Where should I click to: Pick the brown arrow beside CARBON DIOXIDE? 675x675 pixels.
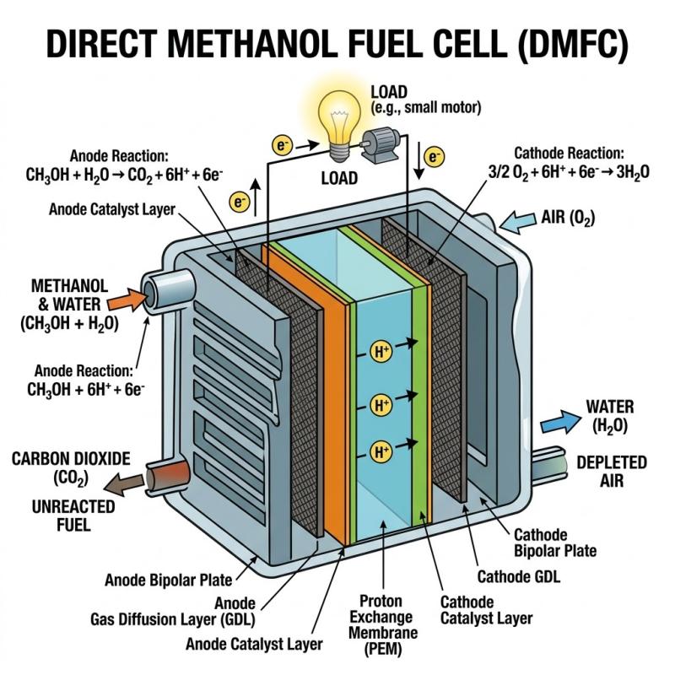coord(119,483)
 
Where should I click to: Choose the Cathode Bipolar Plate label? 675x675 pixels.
coord(555,543)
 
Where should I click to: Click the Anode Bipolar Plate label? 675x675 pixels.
coord(168,580)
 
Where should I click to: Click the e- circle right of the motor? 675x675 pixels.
coord(434,156)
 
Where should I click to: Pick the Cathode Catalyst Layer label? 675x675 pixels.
coord(486,610)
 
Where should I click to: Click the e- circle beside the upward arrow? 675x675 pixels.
coord(239,201)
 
